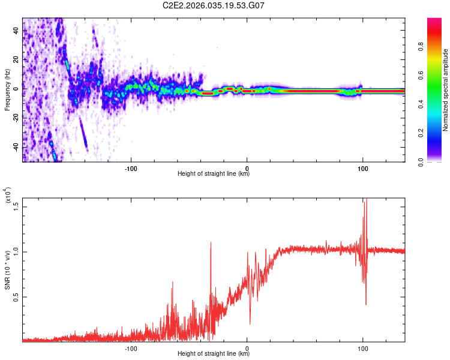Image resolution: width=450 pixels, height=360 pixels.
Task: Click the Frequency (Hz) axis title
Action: pos(8,89)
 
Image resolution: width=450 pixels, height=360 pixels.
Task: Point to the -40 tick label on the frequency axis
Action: pos(16,146)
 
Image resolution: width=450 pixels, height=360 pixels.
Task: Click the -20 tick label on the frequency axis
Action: pos(16,118)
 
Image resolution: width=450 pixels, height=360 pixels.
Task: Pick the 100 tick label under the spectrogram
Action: pos(362,167)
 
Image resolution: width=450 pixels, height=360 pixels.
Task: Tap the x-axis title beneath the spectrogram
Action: pos(214,174)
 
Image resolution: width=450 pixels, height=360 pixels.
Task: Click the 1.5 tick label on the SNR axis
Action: pos(16,206)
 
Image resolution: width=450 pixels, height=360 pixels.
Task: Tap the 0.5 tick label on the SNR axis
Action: pos(16,296)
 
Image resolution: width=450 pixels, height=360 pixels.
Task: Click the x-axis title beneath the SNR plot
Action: pos(214,354)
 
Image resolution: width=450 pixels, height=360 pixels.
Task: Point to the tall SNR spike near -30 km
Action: pos(211,244)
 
